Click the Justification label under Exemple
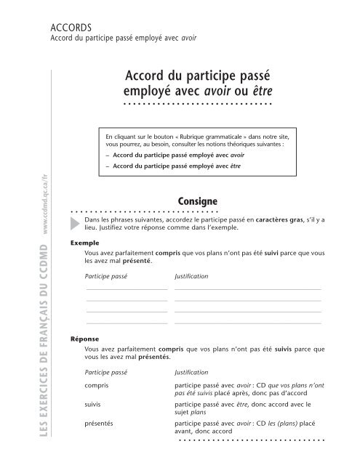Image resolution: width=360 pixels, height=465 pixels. (192, 277)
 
